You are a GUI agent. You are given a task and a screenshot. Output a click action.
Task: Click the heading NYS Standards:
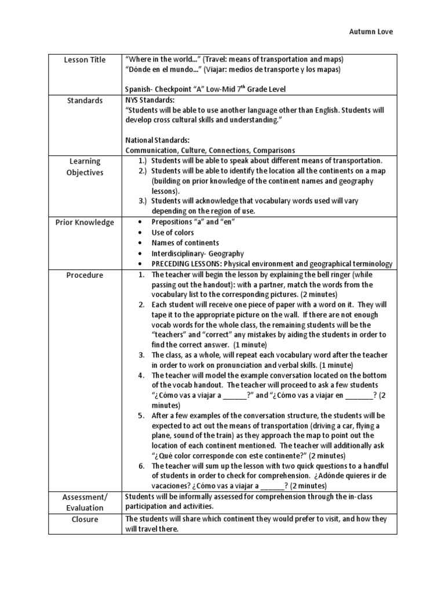click(149, 100)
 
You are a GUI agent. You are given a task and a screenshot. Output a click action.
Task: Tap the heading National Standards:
click(157, 140)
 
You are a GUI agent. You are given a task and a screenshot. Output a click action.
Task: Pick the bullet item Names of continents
click(185, 243)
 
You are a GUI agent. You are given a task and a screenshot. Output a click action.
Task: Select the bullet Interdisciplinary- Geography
click(198, 253)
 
